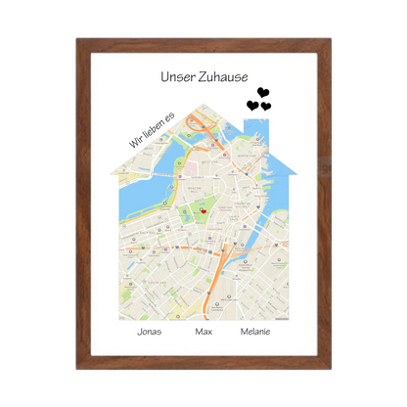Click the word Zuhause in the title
pyautogui.click(x=221, y=76)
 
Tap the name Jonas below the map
pyautogui.click(x=150, y=333)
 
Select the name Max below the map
pyautogui.click(x=203, y=333)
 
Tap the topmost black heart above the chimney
pyautogui.click(x=262, y=92)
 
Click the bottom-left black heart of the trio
pyautogui.click(x=252, y=105)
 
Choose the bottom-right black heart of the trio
pyautogui.click(x=266, y=106)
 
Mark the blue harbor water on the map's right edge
pyautogui.click(x=278, y=196)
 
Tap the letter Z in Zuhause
pyautogui.click(x=201, y=76)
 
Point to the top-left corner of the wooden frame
pyautogui.click(x=74, y=37)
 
